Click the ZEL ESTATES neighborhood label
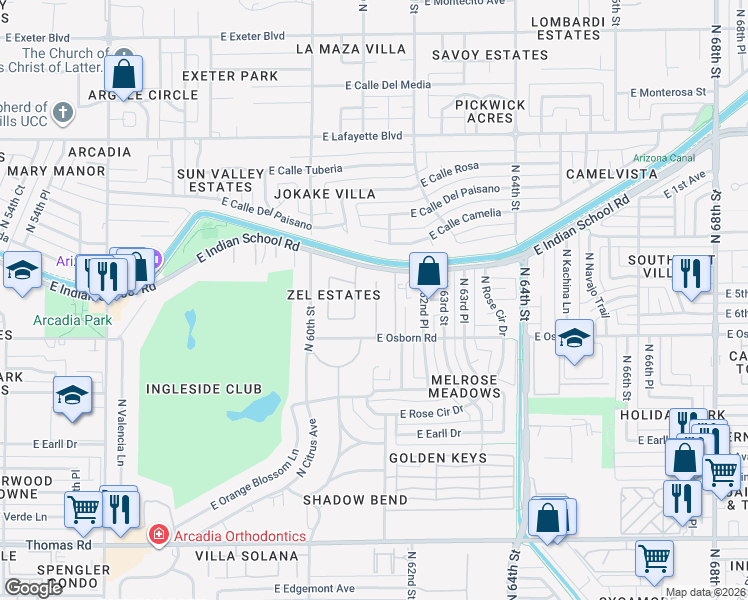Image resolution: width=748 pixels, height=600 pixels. [x=333, y=295]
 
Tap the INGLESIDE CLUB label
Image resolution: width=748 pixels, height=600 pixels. [x=203, y=388]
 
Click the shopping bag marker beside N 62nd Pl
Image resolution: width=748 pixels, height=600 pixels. [x=428, y=271]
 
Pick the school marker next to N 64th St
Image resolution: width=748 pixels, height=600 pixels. [x=574, y=339]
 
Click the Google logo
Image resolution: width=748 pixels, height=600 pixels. [x=32, y=587]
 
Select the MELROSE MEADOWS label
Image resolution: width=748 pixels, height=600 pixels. [x=465, y=386]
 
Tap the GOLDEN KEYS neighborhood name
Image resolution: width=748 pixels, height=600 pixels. [x=437, y=458]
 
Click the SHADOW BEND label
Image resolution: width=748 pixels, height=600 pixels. [x=355, y=499]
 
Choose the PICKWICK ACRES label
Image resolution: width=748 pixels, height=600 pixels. [x=483, y=111]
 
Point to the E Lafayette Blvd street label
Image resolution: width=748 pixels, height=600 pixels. [x=362, y=135]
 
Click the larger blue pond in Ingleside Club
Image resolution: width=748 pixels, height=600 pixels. [x=252, y=407]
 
